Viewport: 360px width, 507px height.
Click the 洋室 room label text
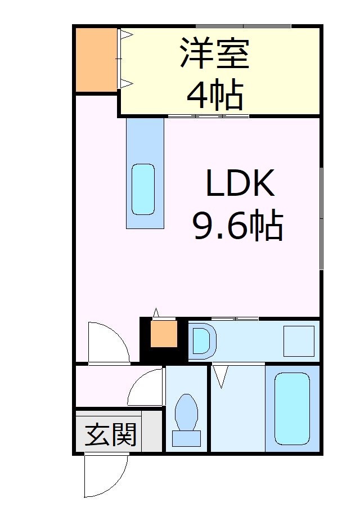point(214,53)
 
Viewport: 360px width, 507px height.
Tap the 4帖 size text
point(214,95)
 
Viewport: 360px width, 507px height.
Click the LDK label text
point(240,182)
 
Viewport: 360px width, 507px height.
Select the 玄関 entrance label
point(110,434)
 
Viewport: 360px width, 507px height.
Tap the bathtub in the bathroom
point(292,408)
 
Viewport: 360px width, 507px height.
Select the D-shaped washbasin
point(201,340)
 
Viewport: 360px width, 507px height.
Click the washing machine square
point(298,340)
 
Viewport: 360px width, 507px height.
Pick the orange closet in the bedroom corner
point(96,59)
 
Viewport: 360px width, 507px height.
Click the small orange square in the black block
point(164,334)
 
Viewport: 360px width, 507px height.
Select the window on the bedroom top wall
point(243,26)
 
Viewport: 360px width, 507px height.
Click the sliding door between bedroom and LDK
point(208,116)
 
